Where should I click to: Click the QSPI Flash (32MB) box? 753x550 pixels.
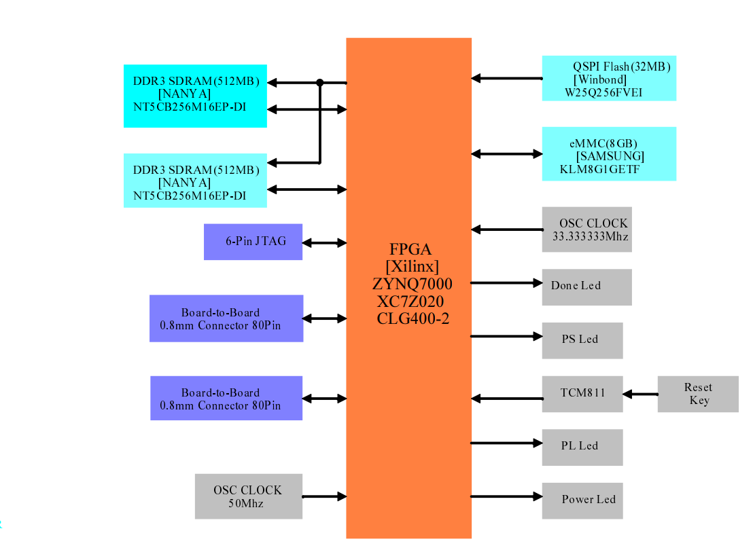[609, 78]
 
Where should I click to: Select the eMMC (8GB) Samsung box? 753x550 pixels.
[609, 153]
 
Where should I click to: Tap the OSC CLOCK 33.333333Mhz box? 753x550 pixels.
[586, 230]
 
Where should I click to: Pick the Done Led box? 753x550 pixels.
[586, 287]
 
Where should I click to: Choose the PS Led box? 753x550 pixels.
[582, 340]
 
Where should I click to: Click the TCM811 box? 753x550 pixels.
[582, 394]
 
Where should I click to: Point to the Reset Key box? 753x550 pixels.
[697, 394]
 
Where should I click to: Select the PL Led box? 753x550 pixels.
[582, 447]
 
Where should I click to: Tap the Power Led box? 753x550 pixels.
[582, 500]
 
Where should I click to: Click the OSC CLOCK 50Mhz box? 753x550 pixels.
[248, 496]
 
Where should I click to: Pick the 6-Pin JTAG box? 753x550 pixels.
[253, 242]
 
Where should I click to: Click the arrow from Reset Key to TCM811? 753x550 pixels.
[640, 394]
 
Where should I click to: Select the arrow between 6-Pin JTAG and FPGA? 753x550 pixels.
[324, 242]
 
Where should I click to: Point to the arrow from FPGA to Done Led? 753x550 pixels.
[506, 282]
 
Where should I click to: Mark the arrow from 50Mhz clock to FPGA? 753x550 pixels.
[324, 497]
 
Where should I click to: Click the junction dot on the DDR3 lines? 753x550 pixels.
[320, 83]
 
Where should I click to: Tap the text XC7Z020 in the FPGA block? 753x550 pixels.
[408, 300]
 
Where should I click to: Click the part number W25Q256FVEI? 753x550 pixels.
[605, 91]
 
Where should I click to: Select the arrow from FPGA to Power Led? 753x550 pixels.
[506, 496]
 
